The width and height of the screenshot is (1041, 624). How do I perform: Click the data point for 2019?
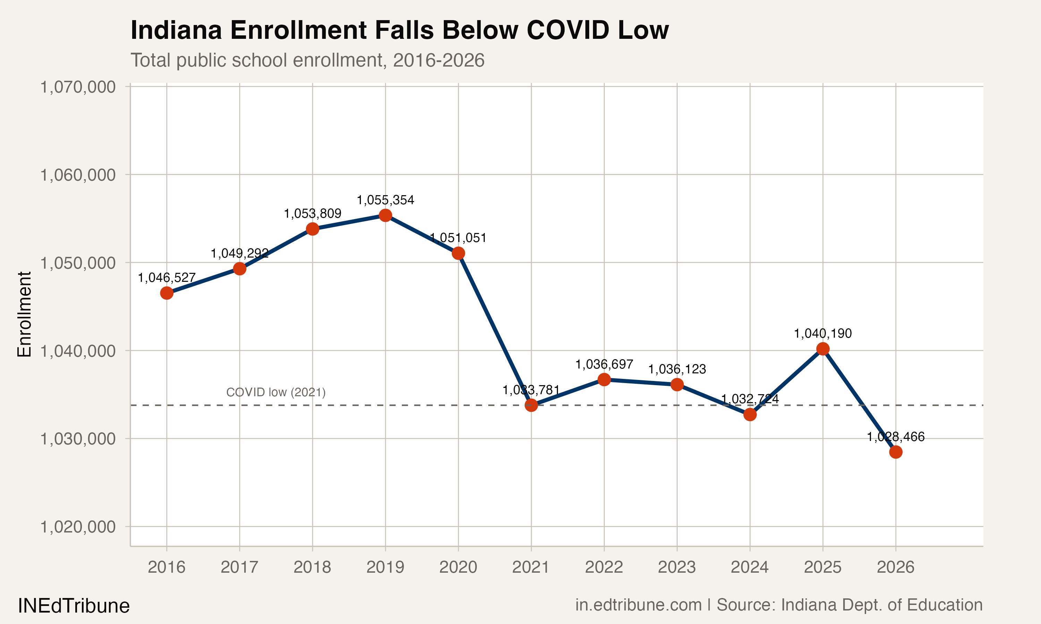(x=386, y=215)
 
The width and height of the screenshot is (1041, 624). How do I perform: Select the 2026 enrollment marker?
(x=895, y=452)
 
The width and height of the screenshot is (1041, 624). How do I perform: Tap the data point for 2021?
(x=531, y=405)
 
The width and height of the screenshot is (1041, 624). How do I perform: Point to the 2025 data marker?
(x=823, y=349)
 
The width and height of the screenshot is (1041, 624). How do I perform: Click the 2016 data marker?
(x=167, y=293)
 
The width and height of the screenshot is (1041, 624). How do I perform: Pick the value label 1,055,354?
(x=386, y=200)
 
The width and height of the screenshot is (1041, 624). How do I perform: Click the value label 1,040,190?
(x=823, y=333)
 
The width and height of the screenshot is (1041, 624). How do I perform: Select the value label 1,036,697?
(x=604, y=364)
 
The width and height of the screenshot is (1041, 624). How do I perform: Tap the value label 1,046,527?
(x=167, y=278)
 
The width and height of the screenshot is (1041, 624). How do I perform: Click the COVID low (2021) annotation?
(x=276, y=392)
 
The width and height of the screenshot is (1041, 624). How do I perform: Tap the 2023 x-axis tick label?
(x=677, y=567)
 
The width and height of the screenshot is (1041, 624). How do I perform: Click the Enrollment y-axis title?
(x=24, y=314)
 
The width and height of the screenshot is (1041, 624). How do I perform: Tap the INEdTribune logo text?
(x=74, y=606)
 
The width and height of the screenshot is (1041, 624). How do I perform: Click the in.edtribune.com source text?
(x=638, y=605)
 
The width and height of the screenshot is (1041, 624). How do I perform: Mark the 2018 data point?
(x=312, y=229)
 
